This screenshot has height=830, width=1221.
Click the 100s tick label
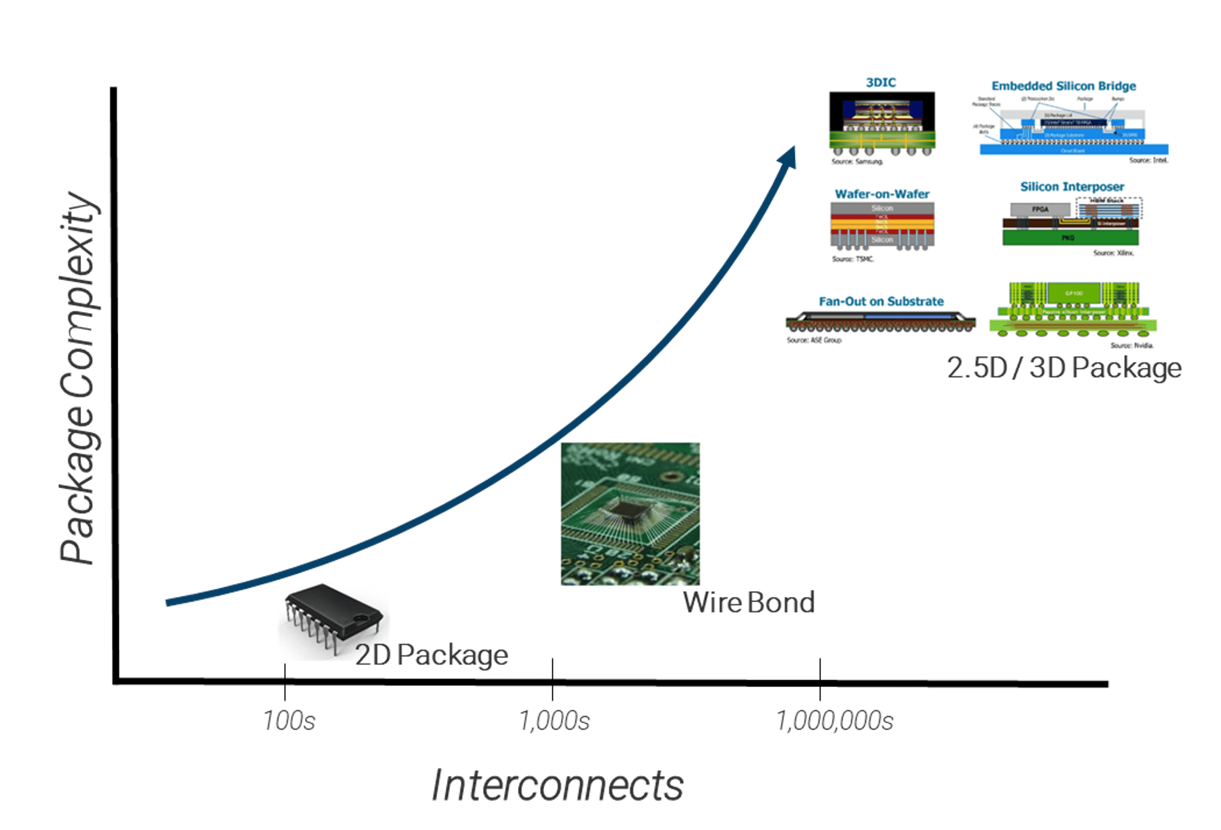click(x=289, y=720)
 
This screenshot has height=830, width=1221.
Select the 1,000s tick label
click(x=554, y=720)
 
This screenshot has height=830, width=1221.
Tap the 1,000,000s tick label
click(x=835, y=720)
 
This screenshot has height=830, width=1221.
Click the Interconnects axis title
click(x=557, y=785)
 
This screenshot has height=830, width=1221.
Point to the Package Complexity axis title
click(x=78, y=377)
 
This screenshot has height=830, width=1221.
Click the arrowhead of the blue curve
click(x=789, y=157)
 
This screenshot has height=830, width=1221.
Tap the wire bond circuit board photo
click(x=630, y=513)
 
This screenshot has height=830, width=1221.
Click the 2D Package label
click(x=432, y=655)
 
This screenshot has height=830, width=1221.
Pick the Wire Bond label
click(x=749, y=602)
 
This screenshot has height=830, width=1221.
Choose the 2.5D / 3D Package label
click(x=1064, y=368)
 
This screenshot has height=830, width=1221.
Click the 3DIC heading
click(x=881, y=82)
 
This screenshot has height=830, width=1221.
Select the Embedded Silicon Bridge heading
click(x=1064, y=86)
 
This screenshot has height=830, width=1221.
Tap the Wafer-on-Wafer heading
click(x=882, y=194)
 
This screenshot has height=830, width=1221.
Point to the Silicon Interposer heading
click(x=1072, y=187)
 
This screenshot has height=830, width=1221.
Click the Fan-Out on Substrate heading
click(x=881, y=301)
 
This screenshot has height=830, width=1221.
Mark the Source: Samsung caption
click(x=857, y=162)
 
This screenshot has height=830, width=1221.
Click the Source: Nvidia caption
click(x=1132, y=345)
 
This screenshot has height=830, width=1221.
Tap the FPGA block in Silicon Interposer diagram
click(x=1040, y=209)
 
